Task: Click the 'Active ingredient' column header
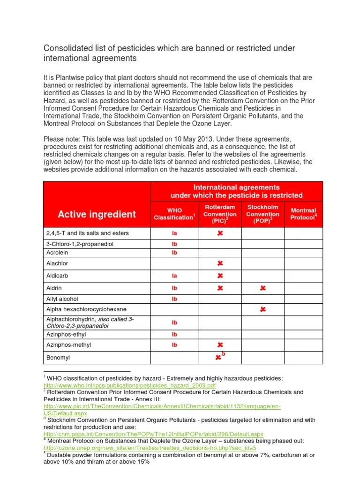[x=97, y=214]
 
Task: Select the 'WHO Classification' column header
[x=174, y=214]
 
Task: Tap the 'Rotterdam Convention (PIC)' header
[x=220, y=214]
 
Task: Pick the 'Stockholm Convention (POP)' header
[x=262, y=214]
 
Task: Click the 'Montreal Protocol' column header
[x=303, y=214]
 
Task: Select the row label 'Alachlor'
[x=57, y=263]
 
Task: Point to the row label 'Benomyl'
[x=57, y=357]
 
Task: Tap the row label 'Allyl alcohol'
[x=62, y=299]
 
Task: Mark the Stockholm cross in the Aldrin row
[x=263, y=288]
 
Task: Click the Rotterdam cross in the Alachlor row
[x=220, y=263]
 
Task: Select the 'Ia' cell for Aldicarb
[x=174, y=276]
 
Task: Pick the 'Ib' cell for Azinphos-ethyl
[x=174, y=334]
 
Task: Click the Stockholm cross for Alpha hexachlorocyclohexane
[x=263, y=309]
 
